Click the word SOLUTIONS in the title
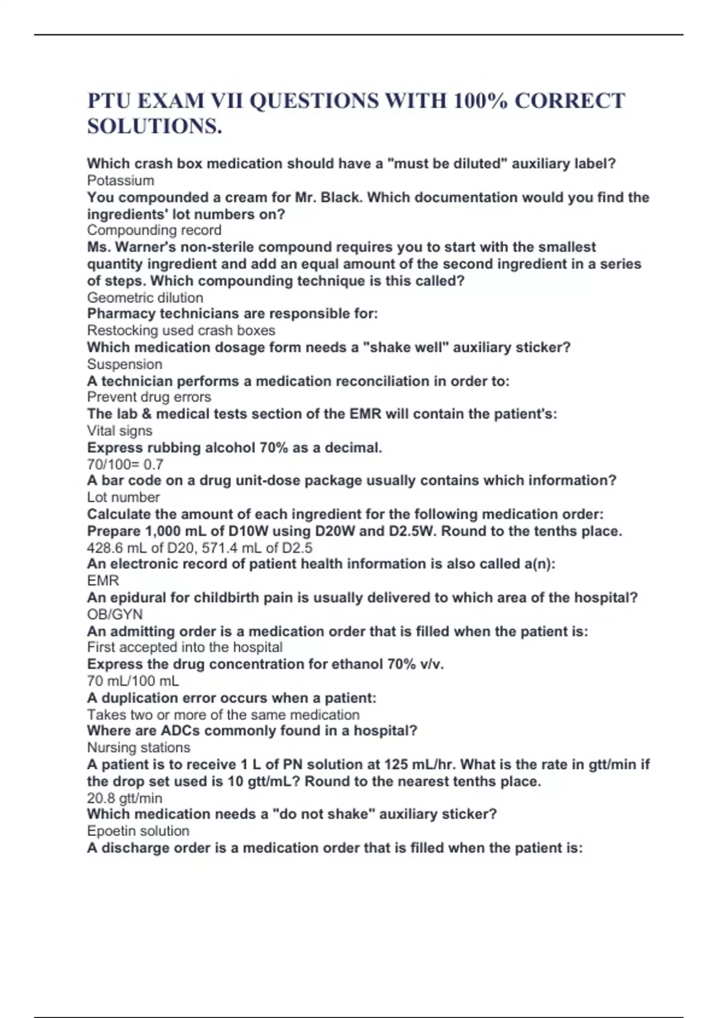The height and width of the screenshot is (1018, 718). (x=154, y=126)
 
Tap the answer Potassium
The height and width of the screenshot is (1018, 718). (x=120, y=180)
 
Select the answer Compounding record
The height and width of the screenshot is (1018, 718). (x=154, y=230)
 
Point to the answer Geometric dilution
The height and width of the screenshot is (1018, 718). (x=145, y=298)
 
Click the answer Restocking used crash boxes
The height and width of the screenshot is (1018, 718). (x=181, y=330)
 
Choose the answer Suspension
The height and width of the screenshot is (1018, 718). (x=124, y=364)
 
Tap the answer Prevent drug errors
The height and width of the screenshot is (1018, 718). (x=148, y=397)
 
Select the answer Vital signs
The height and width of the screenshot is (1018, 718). (x=120, y=431)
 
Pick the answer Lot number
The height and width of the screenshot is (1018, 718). (x=123, y=497)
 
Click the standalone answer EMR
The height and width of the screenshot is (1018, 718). (x=103, y=580)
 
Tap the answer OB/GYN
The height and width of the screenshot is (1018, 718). (x=115, y=614)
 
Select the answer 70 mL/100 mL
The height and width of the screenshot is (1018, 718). (x=133, y=681)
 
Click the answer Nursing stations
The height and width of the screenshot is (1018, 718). (x=138, y=747)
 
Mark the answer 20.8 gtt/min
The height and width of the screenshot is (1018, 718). (x=124, y=798)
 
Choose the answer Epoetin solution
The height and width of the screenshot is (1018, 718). (x=138, y=831)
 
